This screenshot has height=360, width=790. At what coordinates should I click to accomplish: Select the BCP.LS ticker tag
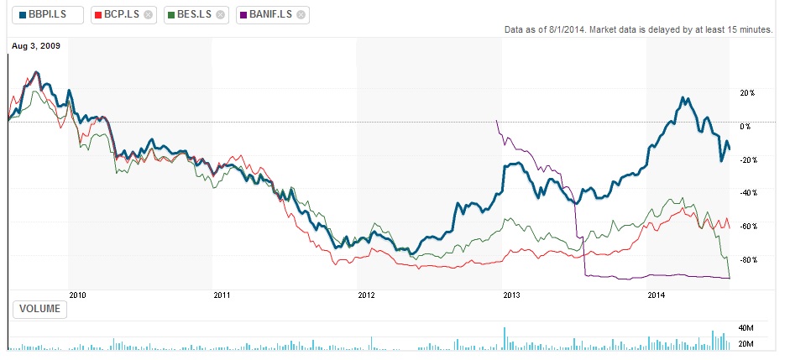(117, 14)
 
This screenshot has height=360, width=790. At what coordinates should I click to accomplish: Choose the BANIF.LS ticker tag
(266, 14)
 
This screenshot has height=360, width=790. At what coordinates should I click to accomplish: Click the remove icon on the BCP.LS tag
(149, 15)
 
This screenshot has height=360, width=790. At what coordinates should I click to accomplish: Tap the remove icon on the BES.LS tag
(220, 15)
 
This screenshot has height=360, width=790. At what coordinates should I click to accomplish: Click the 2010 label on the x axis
(78, 295)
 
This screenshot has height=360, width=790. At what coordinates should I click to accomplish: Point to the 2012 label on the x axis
(366, 295)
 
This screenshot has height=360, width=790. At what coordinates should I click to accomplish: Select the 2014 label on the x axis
(656, 295)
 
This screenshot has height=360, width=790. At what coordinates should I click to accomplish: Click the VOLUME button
(40, 309)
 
